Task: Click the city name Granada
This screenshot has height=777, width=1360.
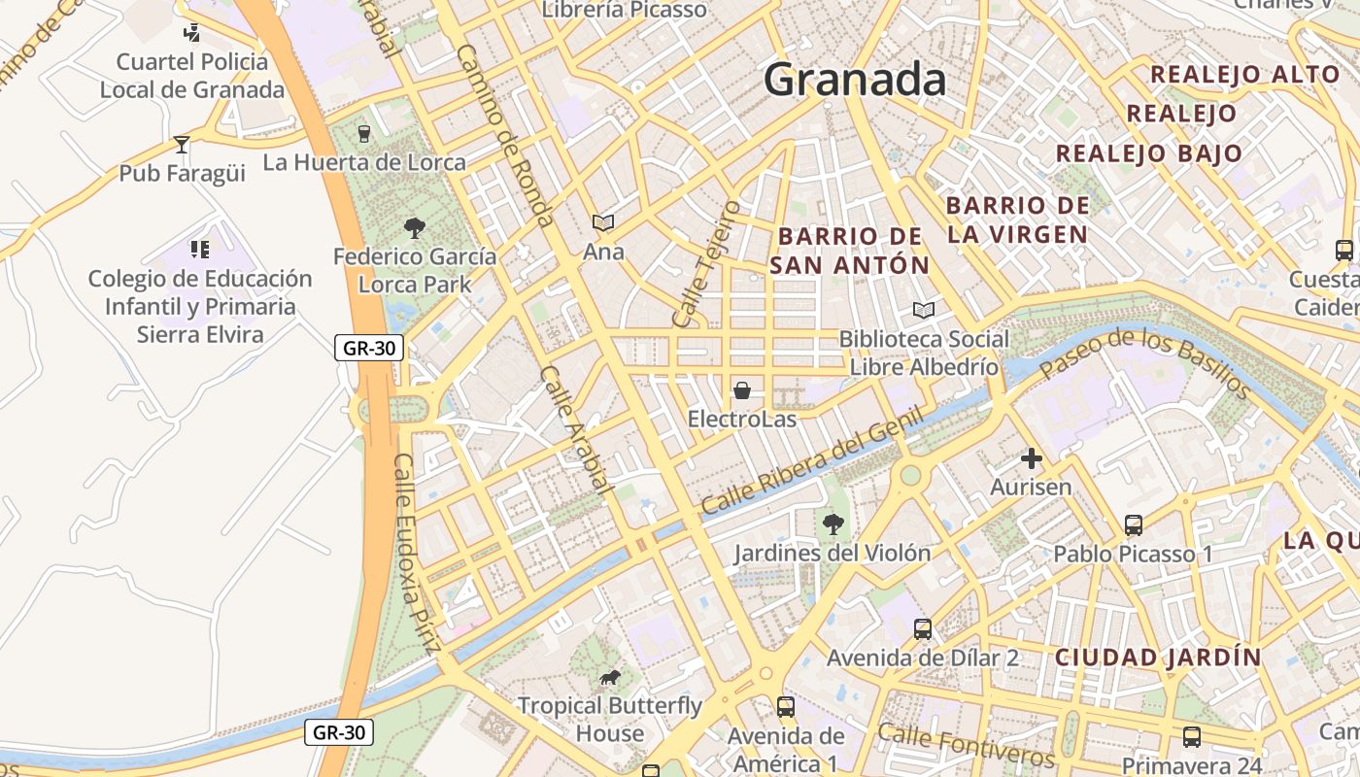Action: click(x=855, y=80)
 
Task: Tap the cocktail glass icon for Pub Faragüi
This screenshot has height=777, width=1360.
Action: click(x=182, y=145)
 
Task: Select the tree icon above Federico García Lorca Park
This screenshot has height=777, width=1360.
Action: click(x=415, y=228)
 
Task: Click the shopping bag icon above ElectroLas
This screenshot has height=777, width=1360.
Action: click(x=742, y=390)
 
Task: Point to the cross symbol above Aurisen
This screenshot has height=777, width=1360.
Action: click(x=1031, y=457)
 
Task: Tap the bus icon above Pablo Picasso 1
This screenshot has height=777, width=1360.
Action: click(x=1133, y=525)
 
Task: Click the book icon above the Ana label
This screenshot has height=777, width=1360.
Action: click(x=603, y=223)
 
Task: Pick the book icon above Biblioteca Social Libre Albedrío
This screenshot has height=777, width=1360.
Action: click(x=924, y=311)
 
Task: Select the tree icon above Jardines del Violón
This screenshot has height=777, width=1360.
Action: click(x=833, y=524)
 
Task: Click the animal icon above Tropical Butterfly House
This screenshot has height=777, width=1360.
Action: click(x=609, y=677)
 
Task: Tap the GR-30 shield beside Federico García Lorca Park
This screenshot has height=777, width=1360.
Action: click(x=368, y=348)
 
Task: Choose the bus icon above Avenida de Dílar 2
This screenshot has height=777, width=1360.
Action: click(x=923, y=629)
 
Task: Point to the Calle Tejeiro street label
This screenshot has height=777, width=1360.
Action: click(x=707, y=264)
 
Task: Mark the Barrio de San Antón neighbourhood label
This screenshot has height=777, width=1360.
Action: click(x=850, y=251)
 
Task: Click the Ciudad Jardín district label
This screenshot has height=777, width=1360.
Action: click(x=1158, y=658)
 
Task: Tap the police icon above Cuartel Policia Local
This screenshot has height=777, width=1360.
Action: click(x=191, y=32)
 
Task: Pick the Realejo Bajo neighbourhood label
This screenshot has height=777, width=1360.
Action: click(x=1149, y=153)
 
